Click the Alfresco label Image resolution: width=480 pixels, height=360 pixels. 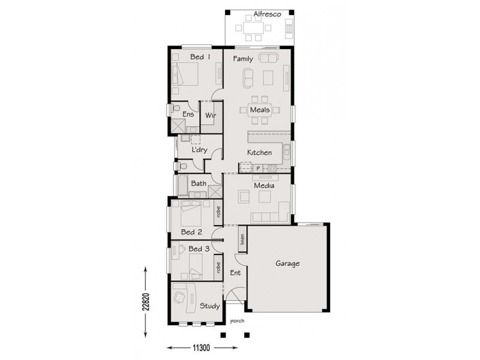(x=263, y=14)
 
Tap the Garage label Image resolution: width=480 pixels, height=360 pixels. (x=287, y=263)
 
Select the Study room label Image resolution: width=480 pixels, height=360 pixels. (x=209, y=306)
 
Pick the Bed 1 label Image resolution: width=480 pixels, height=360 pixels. (x=200, y=58)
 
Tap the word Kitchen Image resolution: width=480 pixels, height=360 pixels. (x=260, y=153)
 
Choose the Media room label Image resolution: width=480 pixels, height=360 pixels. (x=264, y=186)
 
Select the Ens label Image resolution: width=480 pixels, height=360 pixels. (x=188, y=113)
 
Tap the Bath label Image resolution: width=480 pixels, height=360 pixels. (x=199, y=183)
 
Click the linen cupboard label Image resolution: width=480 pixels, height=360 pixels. (x=242, y=238)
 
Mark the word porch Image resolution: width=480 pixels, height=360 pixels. (x=236, y=321)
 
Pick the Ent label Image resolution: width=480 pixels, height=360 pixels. (x=236, y=273)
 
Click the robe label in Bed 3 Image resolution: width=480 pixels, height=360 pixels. (x=218, y=268)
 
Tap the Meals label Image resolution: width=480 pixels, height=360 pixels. (x=259, y=110)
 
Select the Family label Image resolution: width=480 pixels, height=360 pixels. (x=242, y=59)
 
